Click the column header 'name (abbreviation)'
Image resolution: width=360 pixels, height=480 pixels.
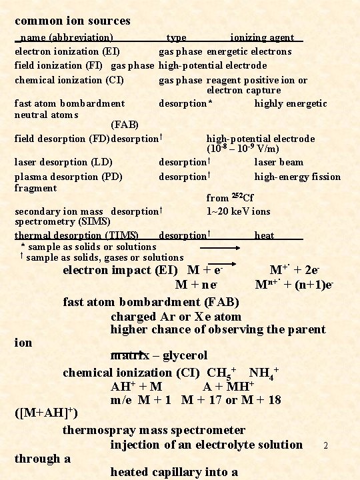click(x=66, y=37)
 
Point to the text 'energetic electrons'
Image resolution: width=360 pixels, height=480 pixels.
click(x=249, y=51)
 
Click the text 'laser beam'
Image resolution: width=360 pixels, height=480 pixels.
click(x=279, y=162)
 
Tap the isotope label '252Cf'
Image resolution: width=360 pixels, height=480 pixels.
click(x=243, y=197)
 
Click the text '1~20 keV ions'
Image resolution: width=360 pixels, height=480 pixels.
click(x=239, y=211)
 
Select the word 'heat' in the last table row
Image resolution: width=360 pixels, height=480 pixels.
click(x=264, y=235)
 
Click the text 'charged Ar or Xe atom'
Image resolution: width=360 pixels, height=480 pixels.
click(x=175, y=316)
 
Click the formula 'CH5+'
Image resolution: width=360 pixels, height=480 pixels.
click(x=222, y=372)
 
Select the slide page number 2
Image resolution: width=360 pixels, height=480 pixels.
click(x=325, y=445)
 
